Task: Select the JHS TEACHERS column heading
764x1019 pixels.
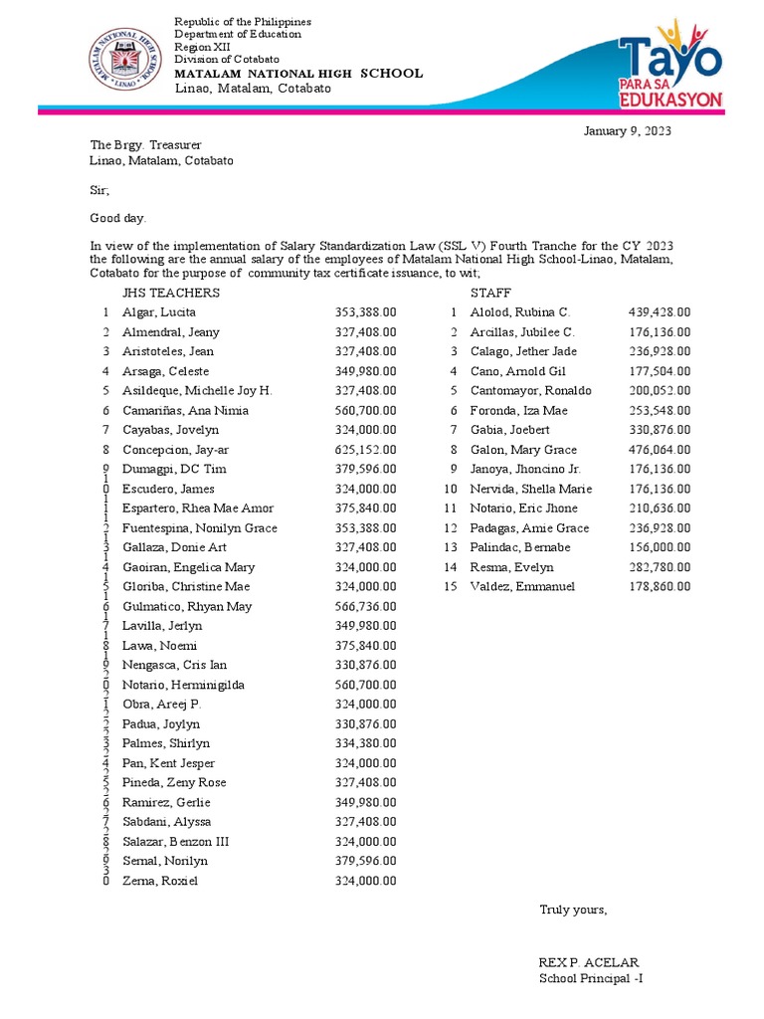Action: point(171,293)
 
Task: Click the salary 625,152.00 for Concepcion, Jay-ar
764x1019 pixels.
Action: point(365,450)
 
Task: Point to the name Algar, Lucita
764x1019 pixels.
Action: point(159,312)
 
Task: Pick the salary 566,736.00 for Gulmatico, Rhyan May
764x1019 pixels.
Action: point(365,606)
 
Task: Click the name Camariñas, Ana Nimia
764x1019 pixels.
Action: point(185,410)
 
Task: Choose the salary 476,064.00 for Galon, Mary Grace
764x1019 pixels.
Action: point(660,450)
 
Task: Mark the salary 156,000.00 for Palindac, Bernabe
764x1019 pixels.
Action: point(660,547)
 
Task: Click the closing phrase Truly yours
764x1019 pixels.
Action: point(572,910)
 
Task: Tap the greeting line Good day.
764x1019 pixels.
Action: point(117,217)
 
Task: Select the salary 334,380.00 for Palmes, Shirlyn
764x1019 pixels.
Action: point(365,743)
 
